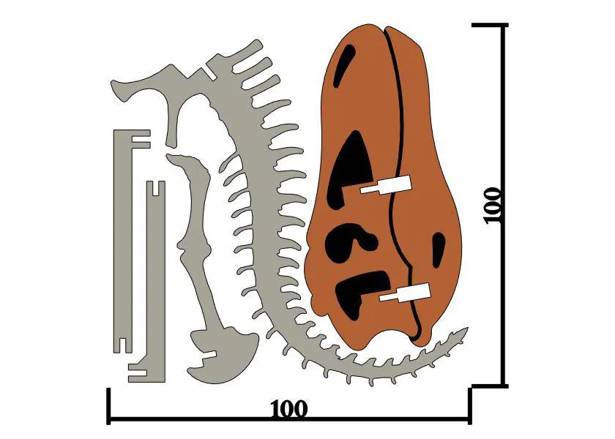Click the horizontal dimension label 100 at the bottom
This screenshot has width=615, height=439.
[288, 408]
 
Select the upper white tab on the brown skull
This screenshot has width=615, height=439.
[387, 186]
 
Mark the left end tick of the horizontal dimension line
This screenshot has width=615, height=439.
[109, 405]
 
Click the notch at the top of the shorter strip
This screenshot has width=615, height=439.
[154, 188]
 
